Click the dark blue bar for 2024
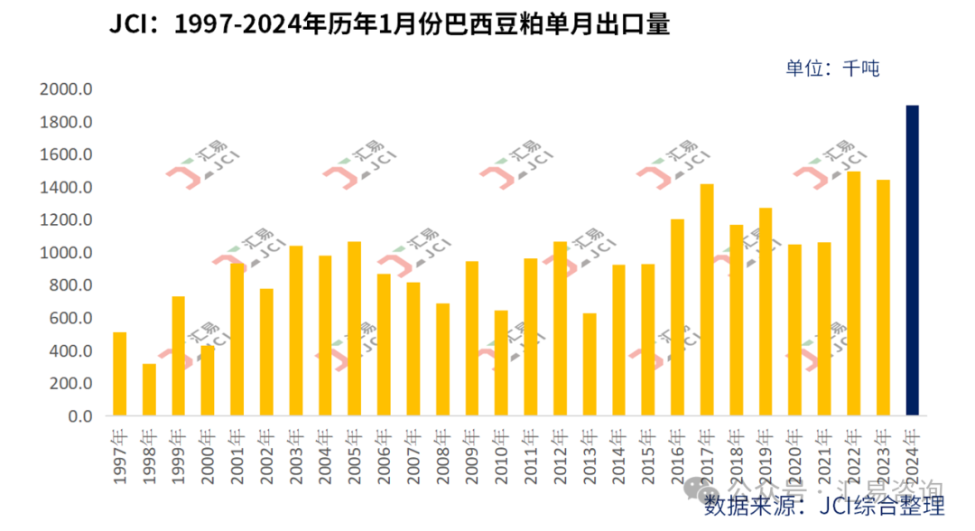913,261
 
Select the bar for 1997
120,375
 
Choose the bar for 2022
854,293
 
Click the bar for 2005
355,329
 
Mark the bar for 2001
237,340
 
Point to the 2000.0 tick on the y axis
67,89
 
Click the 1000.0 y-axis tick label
67,253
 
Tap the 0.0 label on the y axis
79,416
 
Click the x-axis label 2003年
296,452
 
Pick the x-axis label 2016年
678,452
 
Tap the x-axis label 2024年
913,452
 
